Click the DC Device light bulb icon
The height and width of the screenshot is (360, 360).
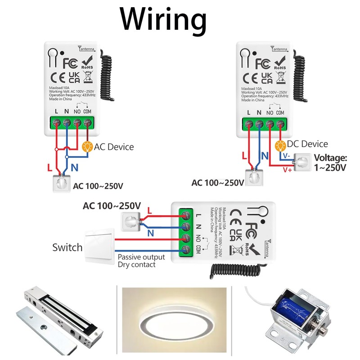point(281,145)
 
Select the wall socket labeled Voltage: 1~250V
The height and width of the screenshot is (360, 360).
point(301,162)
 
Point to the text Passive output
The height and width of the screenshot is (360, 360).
point(141,257)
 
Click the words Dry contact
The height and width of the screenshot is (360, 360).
point(136,265)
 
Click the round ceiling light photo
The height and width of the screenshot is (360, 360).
point(180,322)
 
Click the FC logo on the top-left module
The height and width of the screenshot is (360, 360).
point(71,62)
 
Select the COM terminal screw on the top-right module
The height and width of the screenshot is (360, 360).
point(280,123)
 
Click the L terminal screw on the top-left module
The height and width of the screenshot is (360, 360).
point(56,122)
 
